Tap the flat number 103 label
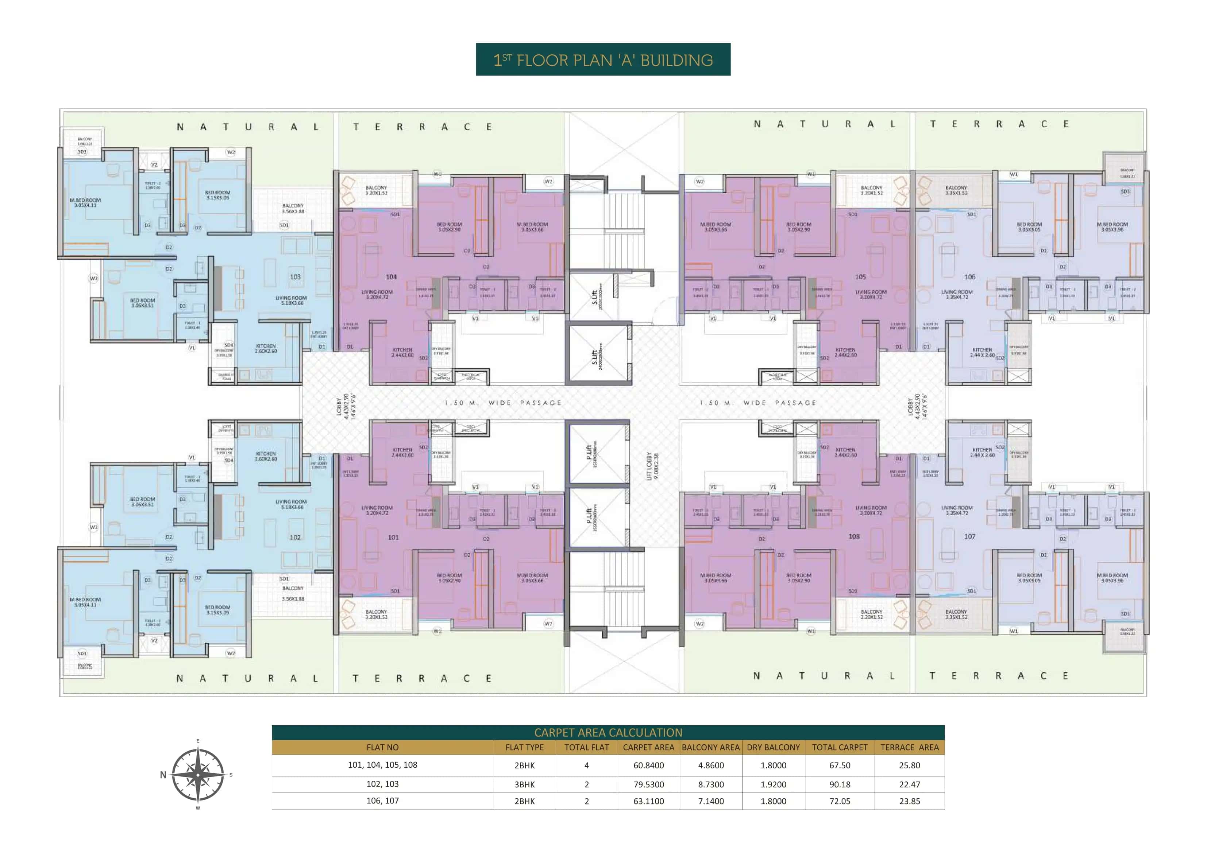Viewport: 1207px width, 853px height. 296,277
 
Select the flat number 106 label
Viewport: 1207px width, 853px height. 969,277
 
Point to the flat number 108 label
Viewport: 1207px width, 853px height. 854,536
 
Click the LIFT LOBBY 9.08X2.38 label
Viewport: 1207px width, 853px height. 652,466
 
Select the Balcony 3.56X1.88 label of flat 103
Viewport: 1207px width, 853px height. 293,209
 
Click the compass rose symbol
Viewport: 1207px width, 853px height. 198,775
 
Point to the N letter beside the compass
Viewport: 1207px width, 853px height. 163,775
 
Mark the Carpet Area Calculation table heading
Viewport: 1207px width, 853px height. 608,732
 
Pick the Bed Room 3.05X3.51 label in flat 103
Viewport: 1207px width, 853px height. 142,303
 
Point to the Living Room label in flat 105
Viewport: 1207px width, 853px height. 871,294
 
